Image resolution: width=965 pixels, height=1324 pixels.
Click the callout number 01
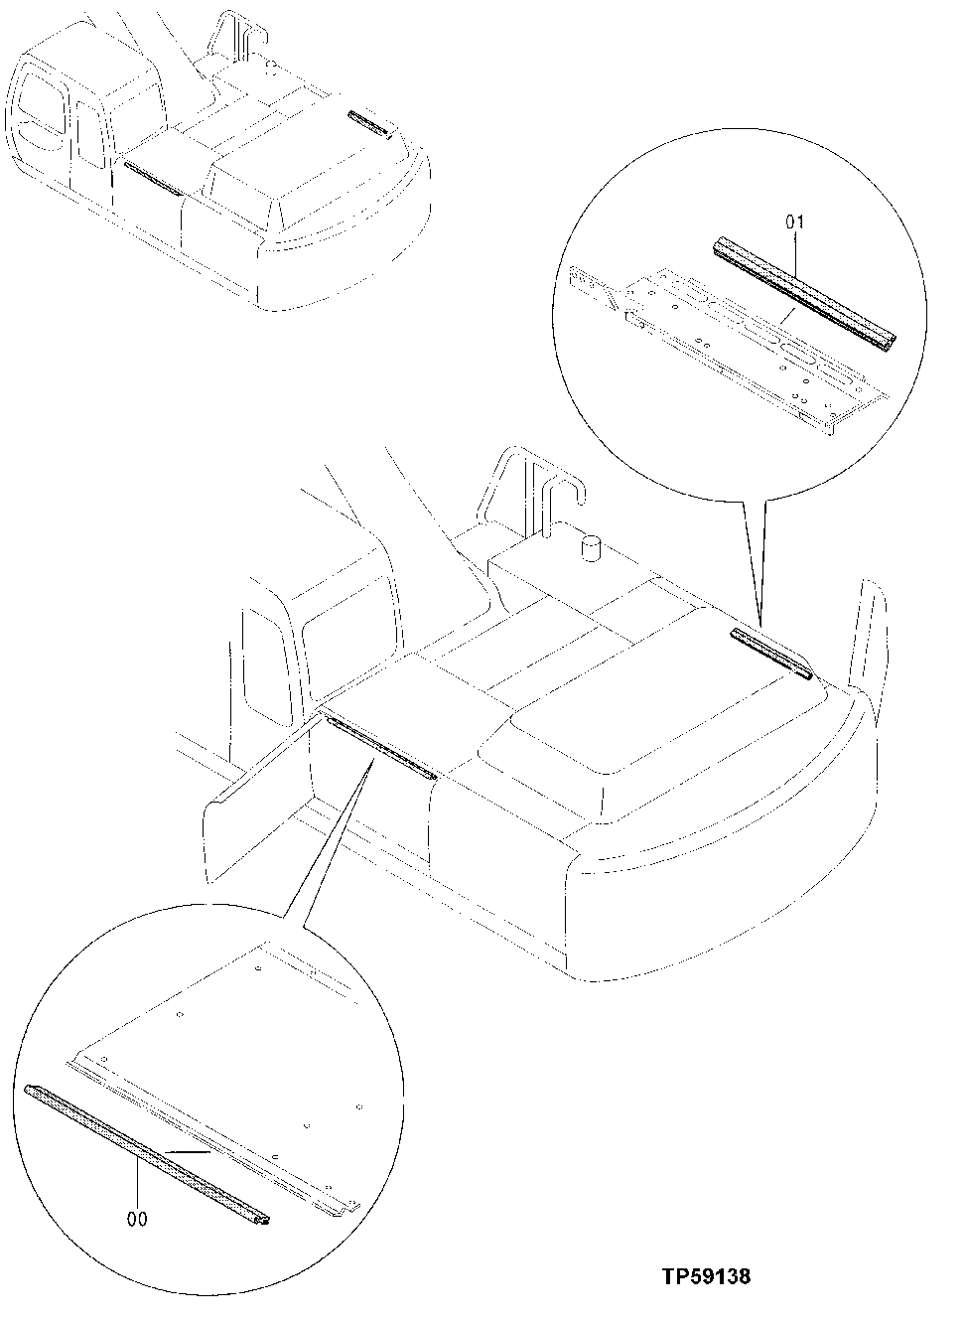pyautogui.click(x=795, y=222)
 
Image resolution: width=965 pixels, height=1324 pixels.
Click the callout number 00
pyautogui.click(x=138, y=1218)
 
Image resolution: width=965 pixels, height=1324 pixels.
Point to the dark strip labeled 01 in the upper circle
pyautogui.click(x=804, y=294)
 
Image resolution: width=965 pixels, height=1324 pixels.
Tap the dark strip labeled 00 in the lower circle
pyautogui.click(x=149, y=1152)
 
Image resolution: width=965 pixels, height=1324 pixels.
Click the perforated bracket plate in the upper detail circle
pyautogui.click(x=735, y=348)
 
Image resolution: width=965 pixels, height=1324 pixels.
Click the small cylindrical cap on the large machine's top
pyautogui.click(x=591, y=548)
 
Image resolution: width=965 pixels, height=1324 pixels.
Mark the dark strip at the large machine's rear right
pyautogui.click(x=771, y=653)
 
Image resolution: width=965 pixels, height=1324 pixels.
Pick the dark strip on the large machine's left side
pyautogui.click(x=380, y=748)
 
